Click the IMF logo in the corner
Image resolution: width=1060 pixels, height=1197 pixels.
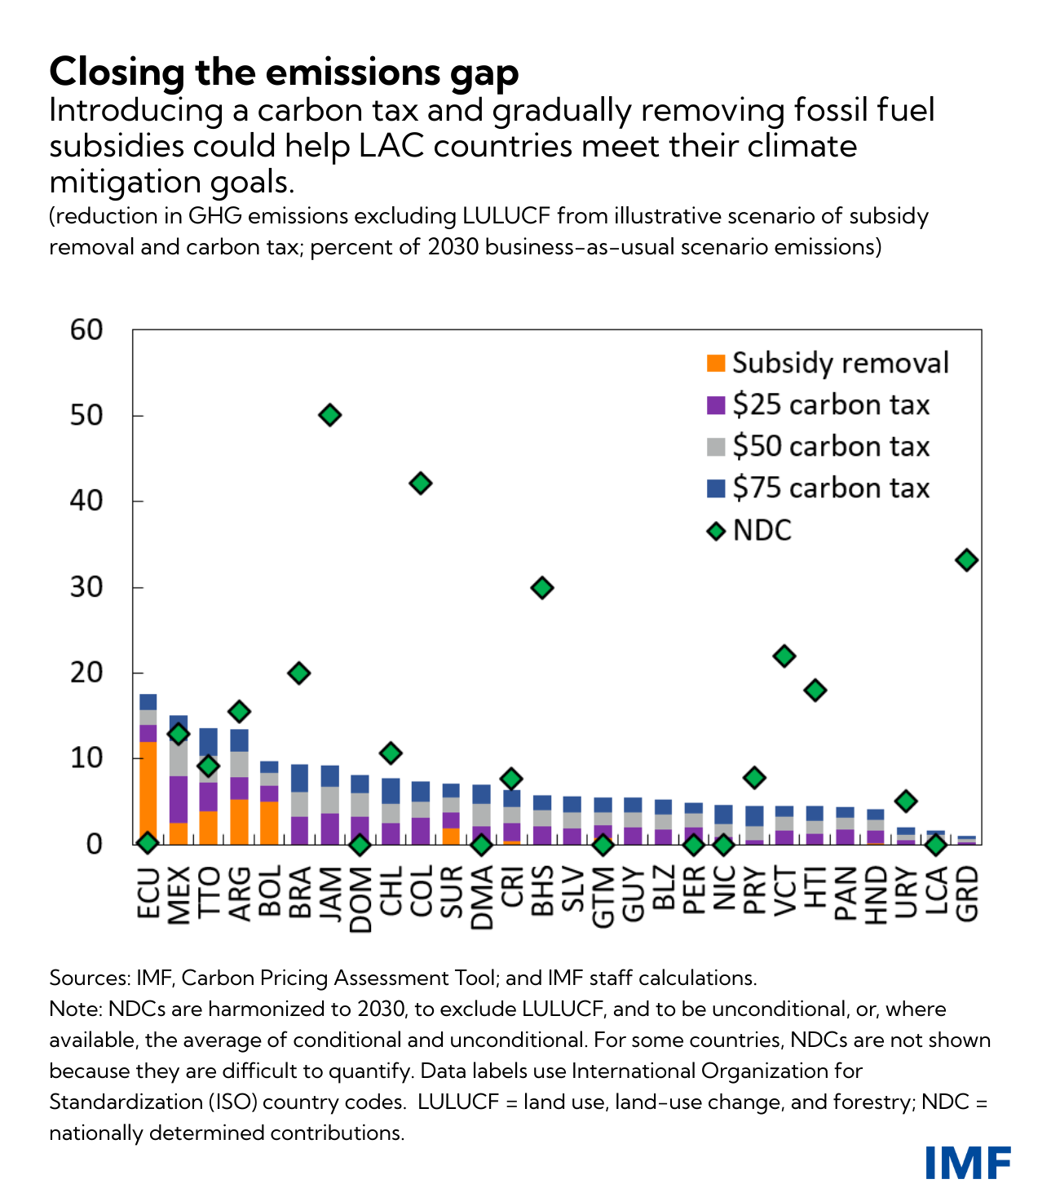(x=968, y=1162)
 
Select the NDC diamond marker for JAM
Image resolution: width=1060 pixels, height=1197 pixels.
(x=329, y=415)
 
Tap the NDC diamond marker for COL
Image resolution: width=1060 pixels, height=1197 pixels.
(x=420, y=484)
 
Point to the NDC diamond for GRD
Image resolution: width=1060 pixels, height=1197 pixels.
(x=966, y=560)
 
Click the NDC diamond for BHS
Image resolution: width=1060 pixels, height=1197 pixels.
(x=541, y=587)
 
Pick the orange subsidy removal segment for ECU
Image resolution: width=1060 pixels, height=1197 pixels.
(x=148, y=791)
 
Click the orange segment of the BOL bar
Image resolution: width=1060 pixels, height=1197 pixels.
(x=269, y=822)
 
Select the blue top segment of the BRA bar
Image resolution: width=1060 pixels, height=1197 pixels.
(x=299, y=778)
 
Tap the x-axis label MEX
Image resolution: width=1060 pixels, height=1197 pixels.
(x=179, y=894)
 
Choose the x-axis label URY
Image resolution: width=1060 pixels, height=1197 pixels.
(x=906, y=894)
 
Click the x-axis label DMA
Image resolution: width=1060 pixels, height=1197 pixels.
(x=482, y=897)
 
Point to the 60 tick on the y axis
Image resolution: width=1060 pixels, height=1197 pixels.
(x=86, y=329)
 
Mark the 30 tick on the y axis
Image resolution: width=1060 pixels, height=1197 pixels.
(x=86, y=587)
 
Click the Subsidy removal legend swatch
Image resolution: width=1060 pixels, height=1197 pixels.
(x=715, y=363)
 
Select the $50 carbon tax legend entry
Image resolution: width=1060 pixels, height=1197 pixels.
(x=830, y=447)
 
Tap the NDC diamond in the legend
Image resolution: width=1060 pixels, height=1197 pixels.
(x=716, y=531)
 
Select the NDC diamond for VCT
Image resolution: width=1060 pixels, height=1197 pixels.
(x=784, y=656)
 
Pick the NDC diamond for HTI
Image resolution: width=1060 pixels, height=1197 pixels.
(x=815, y=690)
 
